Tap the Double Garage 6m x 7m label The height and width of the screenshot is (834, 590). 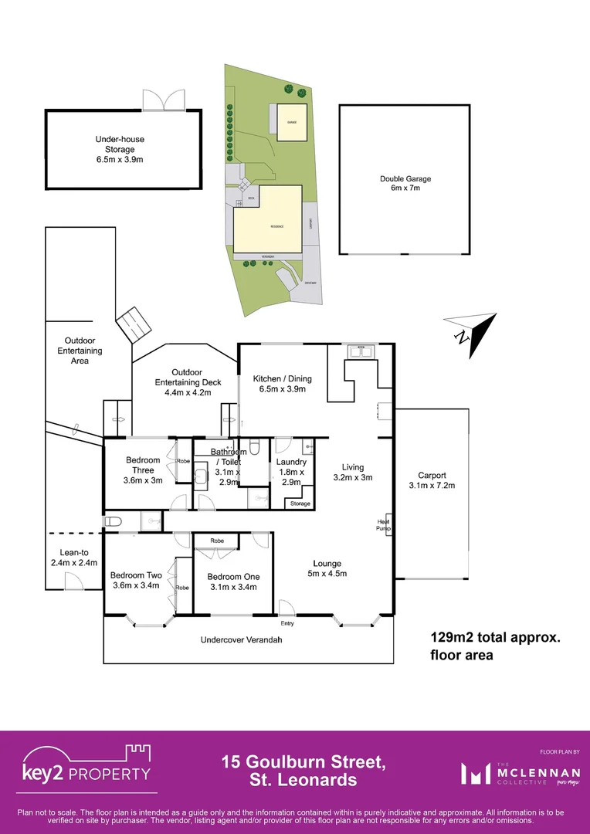tap(405, 184)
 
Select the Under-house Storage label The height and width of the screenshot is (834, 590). tap(120, 150)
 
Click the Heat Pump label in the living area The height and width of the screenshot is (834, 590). tap(382, 524)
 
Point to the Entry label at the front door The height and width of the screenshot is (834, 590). tap(287, 623)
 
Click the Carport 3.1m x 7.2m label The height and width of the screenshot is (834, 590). tap(432, 480)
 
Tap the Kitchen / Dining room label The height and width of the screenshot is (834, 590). tap(283, 384)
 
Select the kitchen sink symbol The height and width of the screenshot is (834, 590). tap(361, 351)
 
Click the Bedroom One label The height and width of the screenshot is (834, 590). tap(233, 581)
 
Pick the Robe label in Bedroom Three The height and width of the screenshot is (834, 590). tap(183, 461)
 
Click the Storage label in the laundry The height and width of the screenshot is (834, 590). tap(300, 503)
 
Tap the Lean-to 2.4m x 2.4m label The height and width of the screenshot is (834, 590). tap(77, 558)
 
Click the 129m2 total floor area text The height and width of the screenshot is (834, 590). tap(494, 646)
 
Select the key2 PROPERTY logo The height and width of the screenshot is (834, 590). tap(86, 768)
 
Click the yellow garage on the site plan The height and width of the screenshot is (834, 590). tap(291, 123)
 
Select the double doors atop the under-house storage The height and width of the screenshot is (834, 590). tap(163, 100)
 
